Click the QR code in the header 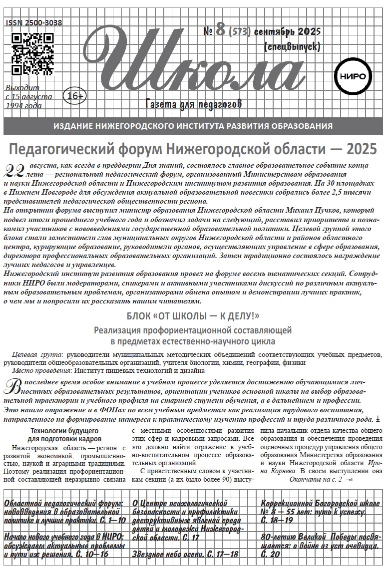[32, 53]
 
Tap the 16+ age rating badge [74, 95]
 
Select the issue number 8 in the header [220, 31]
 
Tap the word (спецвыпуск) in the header [292, 47]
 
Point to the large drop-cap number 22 [13, 171]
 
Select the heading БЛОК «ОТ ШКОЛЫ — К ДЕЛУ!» [193, 316]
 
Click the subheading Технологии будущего [65, 430]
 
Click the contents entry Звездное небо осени [185, 554]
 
